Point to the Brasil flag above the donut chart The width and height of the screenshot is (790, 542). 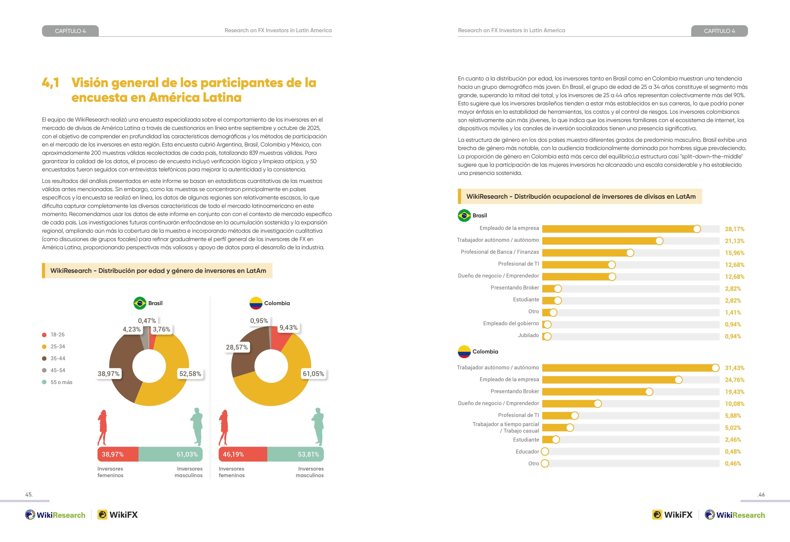[x=140, y=303]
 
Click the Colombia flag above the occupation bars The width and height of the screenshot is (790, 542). [x=464, y=352]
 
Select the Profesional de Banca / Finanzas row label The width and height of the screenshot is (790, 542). [x=500, y=252]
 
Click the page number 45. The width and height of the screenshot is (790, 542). [x=29, y=495]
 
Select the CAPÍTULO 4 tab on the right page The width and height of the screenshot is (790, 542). [x=719, y=31]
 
